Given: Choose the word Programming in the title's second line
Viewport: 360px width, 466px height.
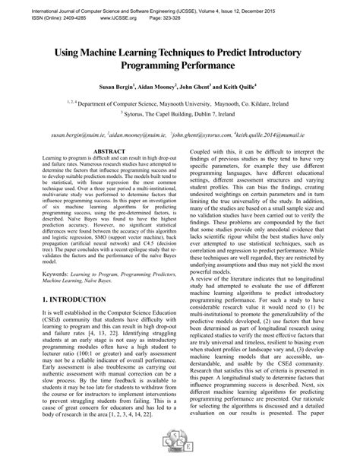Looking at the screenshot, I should point(149,68).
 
